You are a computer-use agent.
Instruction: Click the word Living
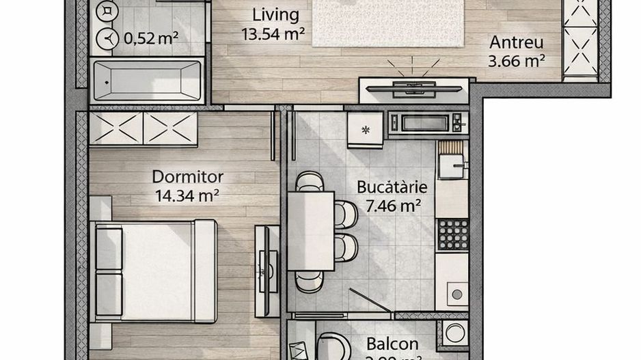click(x=275, y=14)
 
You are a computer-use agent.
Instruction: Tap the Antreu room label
click(x=516, y=42)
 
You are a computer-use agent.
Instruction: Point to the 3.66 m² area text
click(x=516, y=61)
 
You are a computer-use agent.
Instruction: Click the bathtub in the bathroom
click(x=146, y=81)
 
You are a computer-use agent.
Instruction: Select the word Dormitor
click(x=187, y=177)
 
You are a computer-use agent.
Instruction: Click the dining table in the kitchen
click(x=311, y=231)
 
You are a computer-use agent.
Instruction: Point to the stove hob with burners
click(x=452, y=234)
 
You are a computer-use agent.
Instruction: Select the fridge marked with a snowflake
click(x=365, y=129)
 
